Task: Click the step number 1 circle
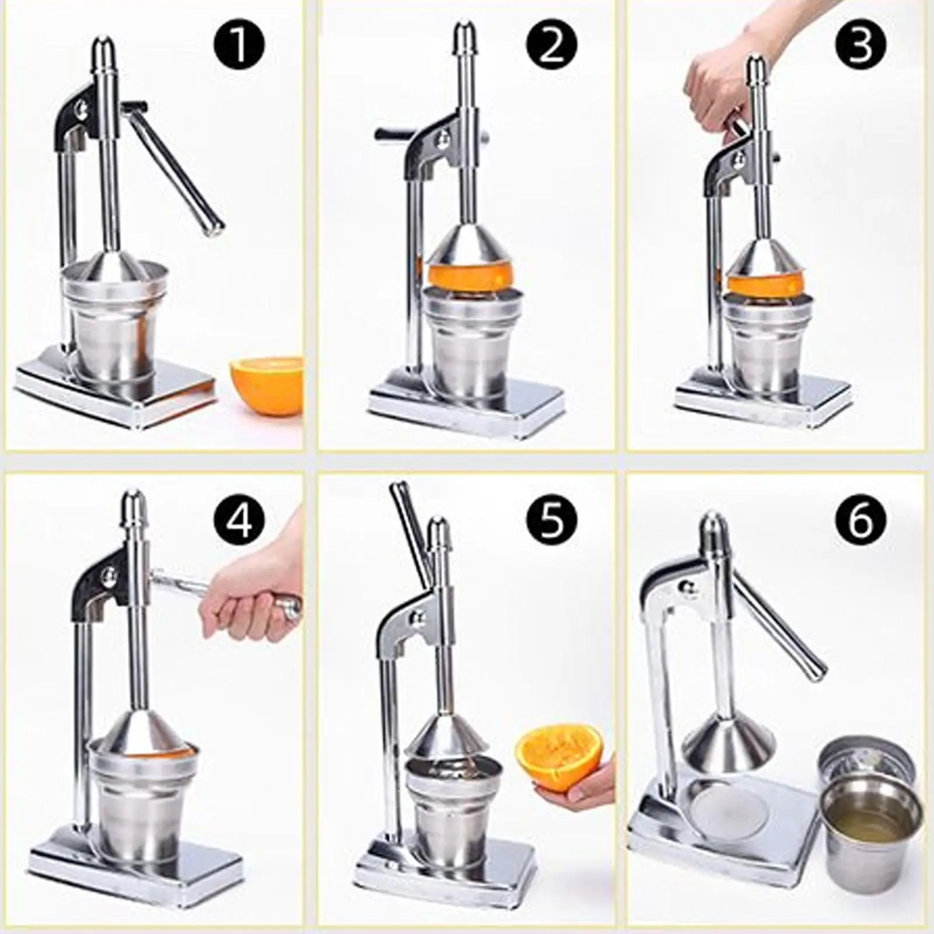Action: pyautogui.click(x=239, y=44)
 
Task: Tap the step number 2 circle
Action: pyautogui.click(x=551, y=44)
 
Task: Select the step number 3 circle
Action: pyautogui.click(x=860, y=44)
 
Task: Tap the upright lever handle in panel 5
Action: pyautogui.click(x=411, y=525)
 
